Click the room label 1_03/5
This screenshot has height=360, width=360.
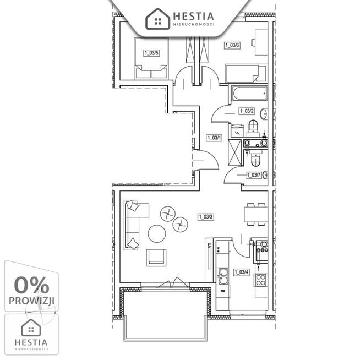151,53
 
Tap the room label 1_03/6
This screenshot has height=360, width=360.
232,45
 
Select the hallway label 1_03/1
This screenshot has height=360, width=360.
214,138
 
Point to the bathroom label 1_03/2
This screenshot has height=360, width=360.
247,111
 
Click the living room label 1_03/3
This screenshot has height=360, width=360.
206,217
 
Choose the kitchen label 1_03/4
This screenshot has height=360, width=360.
242,272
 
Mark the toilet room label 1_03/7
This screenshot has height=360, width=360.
254,175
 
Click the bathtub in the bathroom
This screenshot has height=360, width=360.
249,94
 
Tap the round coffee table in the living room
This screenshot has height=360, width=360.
157,233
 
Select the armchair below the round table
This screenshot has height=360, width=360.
156,258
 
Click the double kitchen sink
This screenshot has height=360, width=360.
223,276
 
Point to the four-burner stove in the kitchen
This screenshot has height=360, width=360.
261,280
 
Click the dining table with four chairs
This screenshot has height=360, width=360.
255,214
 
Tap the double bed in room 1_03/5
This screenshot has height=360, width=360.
151,58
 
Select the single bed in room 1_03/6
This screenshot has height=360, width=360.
246,73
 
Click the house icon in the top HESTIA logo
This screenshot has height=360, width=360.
158,19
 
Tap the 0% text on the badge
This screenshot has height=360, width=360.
31,285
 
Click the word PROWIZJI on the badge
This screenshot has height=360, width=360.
31,301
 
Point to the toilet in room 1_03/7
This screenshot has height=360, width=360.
255,160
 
